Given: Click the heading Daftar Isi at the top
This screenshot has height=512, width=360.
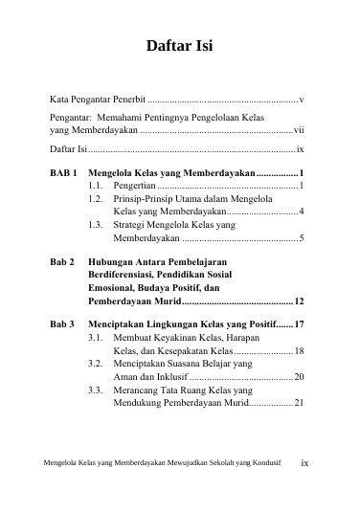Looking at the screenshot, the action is (179, 46).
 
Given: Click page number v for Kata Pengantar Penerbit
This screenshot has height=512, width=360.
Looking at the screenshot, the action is (302, 99).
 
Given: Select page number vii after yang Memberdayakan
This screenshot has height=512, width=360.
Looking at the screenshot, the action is (299, 129).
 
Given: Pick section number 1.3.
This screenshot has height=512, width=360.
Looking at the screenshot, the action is (95, 224).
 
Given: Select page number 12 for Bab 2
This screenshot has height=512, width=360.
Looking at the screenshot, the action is (300, 301).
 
